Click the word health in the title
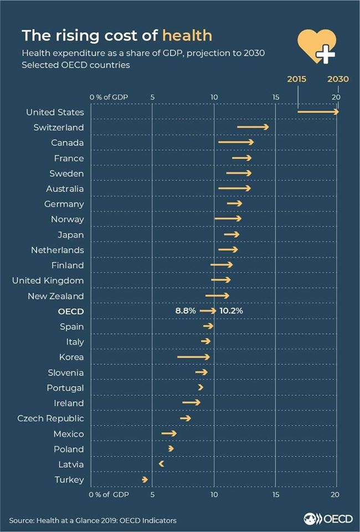[187, 35]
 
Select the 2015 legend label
[296, 79]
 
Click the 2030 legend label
[338, 79]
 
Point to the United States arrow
[318, 112]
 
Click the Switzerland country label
[59, 127]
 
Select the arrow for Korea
[194, 357]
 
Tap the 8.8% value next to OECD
[186, 311]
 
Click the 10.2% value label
[231, 311]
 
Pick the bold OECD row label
[71, 311]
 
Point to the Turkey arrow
[145, 479]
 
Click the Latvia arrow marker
[161, 463]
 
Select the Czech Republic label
[50, 418]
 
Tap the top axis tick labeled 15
[275, 97]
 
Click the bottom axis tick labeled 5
[152, 494]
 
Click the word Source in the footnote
[21, 520]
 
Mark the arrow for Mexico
[169, 433]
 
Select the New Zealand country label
[56, 296]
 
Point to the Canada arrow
[236, 142]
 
